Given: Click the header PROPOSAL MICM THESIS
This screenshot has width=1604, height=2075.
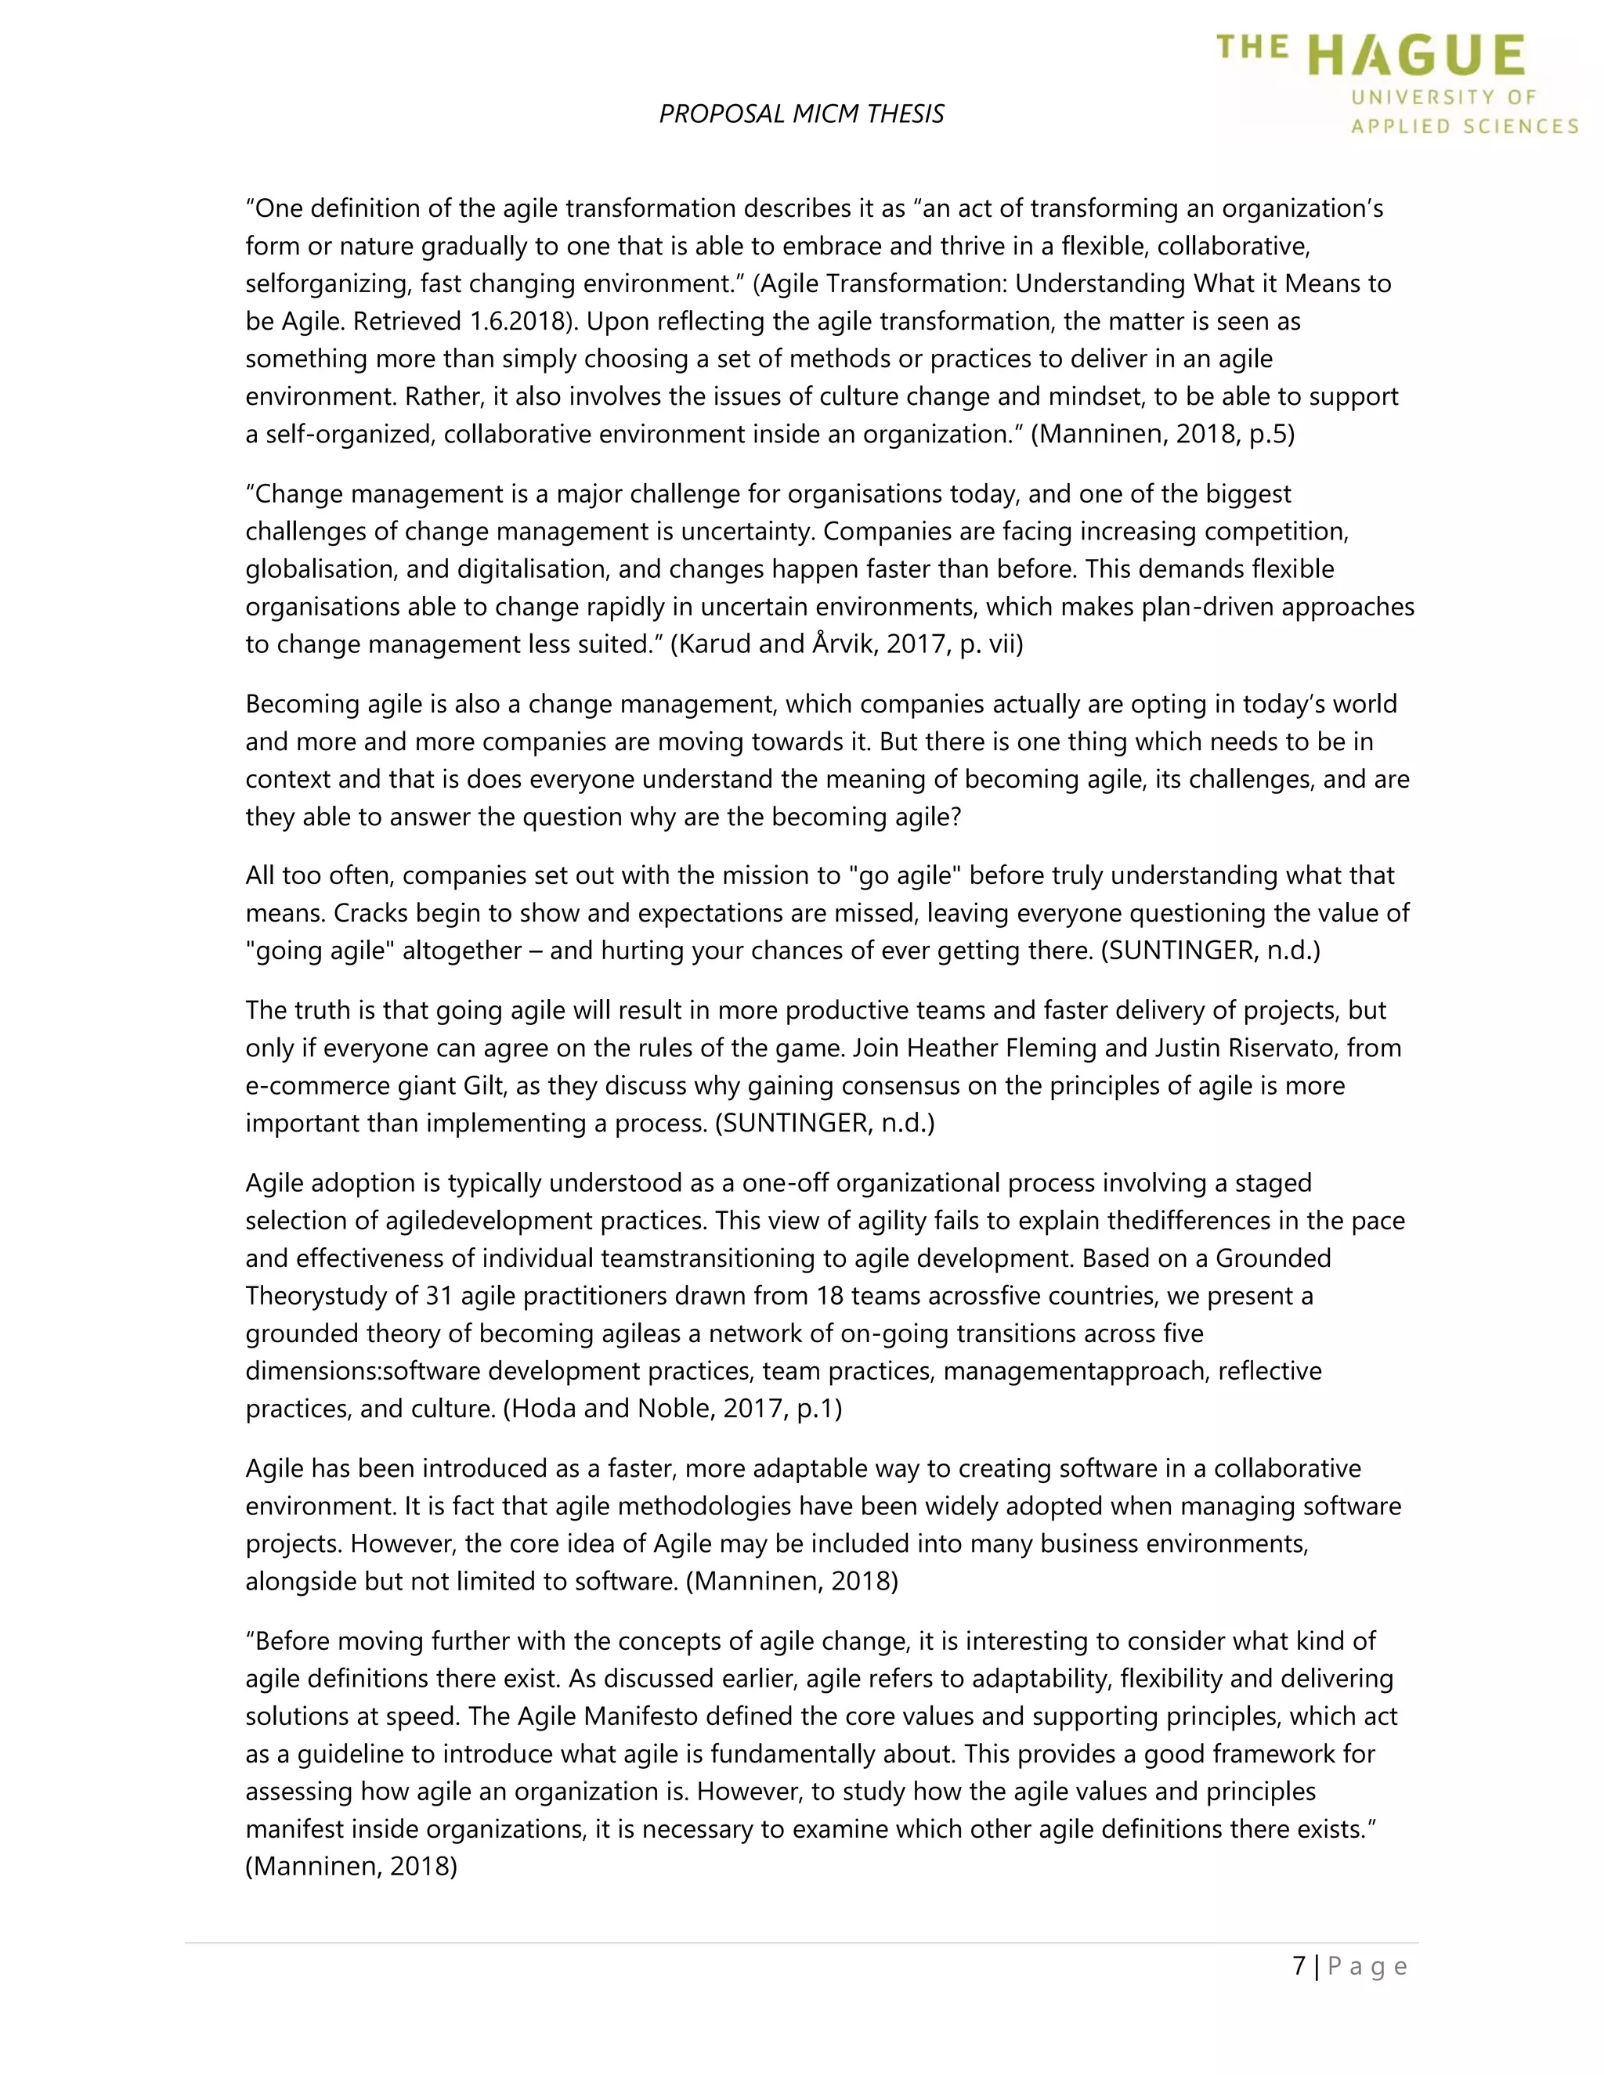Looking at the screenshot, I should (801, 114).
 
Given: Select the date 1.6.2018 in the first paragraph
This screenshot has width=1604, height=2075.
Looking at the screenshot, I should (522, 321).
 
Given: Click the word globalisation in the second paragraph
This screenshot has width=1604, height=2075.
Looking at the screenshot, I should (320, 569).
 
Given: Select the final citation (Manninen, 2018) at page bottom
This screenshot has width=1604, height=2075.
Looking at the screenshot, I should (352, 1866).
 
